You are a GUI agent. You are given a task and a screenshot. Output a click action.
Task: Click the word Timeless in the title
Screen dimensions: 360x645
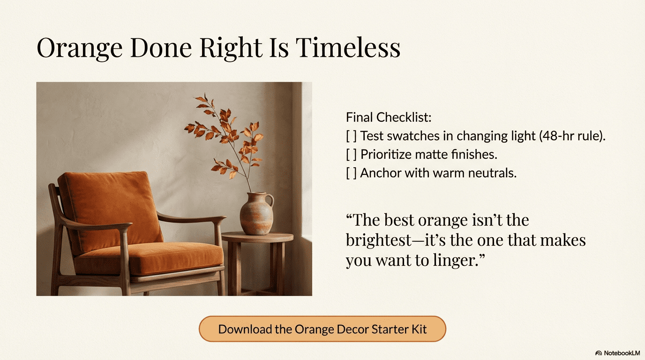(x=348, y=47)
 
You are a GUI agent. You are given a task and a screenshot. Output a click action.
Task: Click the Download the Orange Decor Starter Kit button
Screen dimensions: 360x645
(x=322, y=329)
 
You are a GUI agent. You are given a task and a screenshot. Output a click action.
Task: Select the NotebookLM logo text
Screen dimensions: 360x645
(x=621, y=352)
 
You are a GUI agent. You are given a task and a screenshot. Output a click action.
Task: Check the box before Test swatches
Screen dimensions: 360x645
(x=351, y=136)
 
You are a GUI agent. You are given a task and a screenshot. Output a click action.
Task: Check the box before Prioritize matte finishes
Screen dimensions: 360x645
(x=351, y=154)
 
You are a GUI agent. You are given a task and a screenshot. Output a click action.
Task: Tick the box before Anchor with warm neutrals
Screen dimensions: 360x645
(x=351, y=172)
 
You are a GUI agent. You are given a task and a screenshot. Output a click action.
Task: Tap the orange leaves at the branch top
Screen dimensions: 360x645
(x=204, y=101)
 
